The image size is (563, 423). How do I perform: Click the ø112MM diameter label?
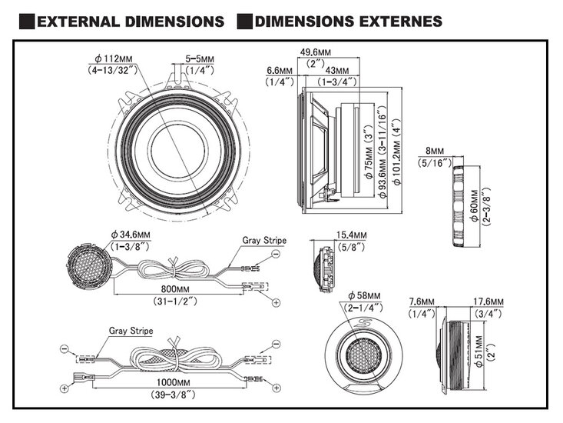113,58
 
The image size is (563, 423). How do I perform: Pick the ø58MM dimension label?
365,295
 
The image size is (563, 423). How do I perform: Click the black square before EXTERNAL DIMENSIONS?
25,21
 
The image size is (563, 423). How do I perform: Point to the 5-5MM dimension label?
200,58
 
